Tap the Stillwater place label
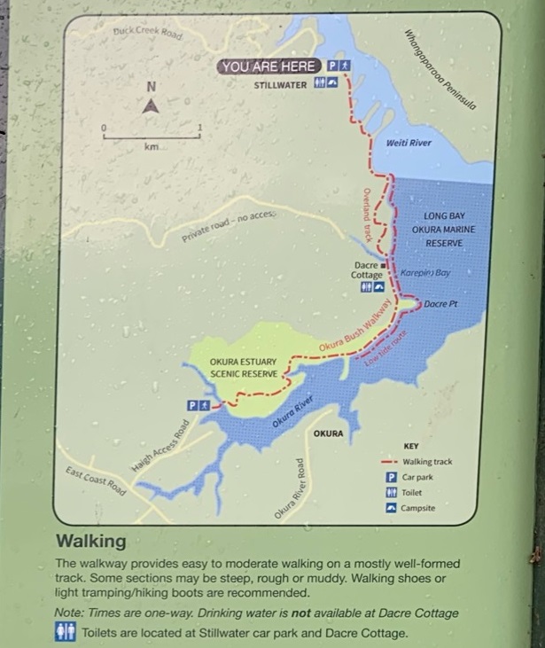click(279, 85)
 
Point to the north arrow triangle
click(151, 105)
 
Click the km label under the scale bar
click(151, 146)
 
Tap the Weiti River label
click(409, 142)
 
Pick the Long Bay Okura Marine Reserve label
click(449, 229)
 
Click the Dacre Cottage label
click(367, 269)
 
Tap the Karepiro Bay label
click(426, 273)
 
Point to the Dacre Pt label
click(440, 305)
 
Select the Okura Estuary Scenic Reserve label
click(244, 368)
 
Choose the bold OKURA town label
click(328, 433)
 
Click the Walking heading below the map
click(91, 541)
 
